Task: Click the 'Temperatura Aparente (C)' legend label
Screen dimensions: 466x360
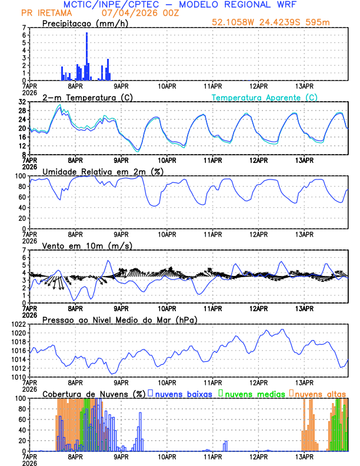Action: [265, 97]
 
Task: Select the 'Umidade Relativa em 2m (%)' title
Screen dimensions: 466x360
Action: [99, 171]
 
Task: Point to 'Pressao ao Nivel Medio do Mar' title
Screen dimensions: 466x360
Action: [119, 319]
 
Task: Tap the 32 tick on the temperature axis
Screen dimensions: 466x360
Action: [21, 102]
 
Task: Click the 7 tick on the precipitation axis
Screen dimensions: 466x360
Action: [24, 28]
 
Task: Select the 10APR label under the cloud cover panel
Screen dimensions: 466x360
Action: [167, 457]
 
